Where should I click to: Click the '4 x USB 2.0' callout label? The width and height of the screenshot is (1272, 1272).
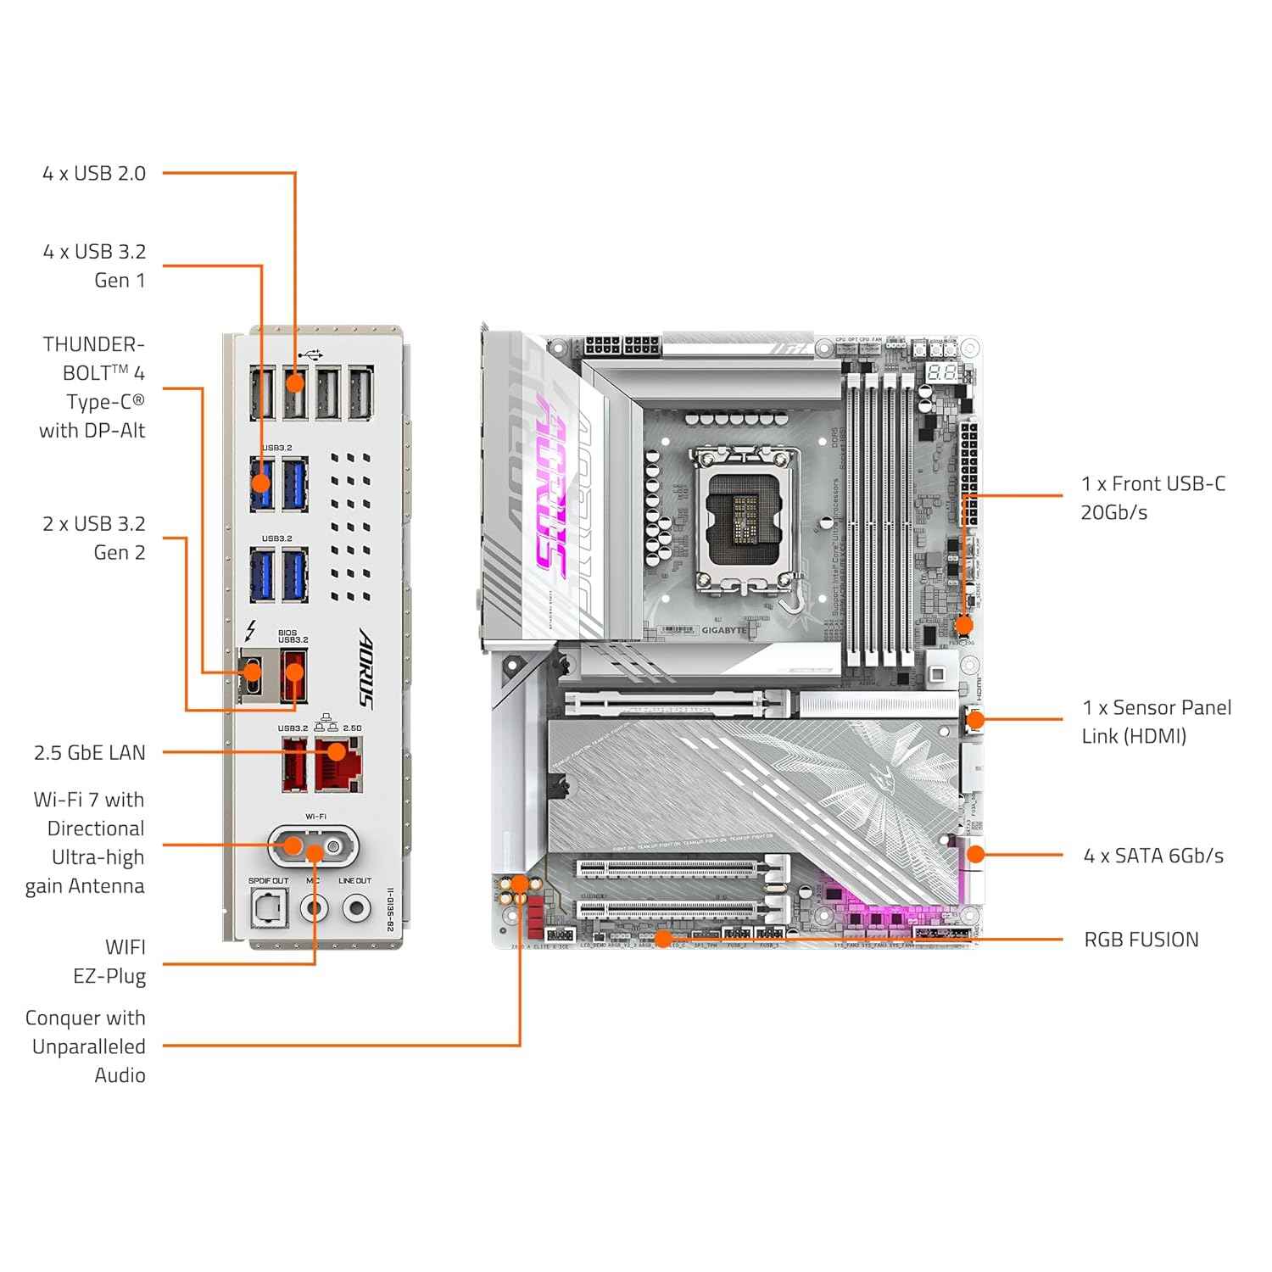pos(94,173)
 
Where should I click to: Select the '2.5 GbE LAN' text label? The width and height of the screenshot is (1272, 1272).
pos(90,752)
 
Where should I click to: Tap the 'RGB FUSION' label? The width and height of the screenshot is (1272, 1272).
pos(1141,940)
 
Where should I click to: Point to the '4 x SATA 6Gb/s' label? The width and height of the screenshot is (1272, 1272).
pos(1153,856)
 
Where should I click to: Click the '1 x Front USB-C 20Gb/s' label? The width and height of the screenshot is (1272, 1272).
pos(1152,498)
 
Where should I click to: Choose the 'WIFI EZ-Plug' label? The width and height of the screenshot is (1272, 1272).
pos(109,961)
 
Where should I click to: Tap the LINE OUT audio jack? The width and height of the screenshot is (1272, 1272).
pos(355,909)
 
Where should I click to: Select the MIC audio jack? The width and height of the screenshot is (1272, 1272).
pos(314,909)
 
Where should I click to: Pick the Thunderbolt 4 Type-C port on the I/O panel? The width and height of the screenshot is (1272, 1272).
pos(252,675)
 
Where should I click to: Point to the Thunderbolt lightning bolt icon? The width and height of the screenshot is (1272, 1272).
pos(250,632)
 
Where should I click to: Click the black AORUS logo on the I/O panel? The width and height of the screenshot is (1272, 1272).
pos(365,667)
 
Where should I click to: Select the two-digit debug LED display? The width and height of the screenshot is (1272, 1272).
pos(942,372)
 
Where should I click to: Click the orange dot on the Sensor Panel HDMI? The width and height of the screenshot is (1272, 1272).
pos(975,720)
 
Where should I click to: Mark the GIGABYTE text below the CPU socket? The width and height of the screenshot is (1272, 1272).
pos(723,630)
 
